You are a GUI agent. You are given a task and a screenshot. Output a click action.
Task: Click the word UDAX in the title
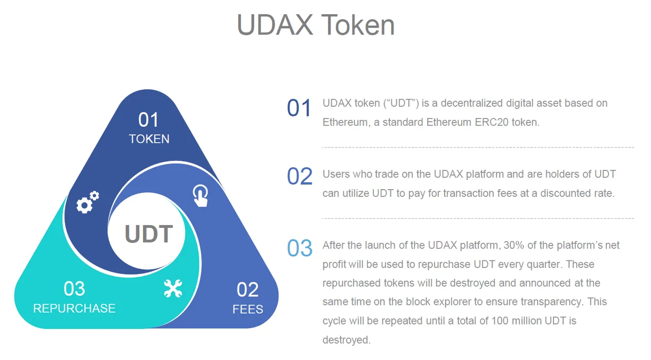click(x=275, y=25)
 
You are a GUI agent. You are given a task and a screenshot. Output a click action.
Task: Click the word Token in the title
click(x=358, y=25)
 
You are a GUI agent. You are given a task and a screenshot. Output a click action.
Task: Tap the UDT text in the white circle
click(x=149, y=233)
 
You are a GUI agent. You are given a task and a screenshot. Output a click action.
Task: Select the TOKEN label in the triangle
click(x=149, y=139)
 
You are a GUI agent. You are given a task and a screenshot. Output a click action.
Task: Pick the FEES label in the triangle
click(x=248, y=309)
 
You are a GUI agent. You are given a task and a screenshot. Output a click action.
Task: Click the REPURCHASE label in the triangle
click(x=74, y=308)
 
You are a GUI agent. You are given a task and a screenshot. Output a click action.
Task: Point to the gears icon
click(x=87, y=202)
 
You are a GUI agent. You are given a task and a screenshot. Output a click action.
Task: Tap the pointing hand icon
click(x=200, y=196)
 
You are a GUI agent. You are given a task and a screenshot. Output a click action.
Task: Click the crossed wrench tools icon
click(x=173, y=288)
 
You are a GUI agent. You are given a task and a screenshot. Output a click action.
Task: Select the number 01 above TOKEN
click(x=148, y=119)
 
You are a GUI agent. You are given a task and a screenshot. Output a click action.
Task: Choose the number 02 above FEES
click(x=247, y=289)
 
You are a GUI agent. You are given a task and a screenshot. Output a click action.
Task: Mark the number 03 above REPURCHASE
click(x=74, y=288)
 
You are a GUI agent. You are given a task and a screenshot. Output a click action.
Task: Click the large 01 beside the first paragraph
click(x=299, y=108)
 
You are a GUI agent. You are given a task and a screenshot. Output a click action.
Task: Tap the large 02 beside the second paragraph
click(x=300, y=176)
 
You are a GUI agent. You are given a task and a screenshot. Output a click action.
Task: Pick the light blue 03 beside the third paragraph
click(x=300, y=248)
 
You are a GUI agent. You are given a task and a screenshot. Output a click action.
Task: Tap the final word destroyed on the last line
click(x=346, y=340)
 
